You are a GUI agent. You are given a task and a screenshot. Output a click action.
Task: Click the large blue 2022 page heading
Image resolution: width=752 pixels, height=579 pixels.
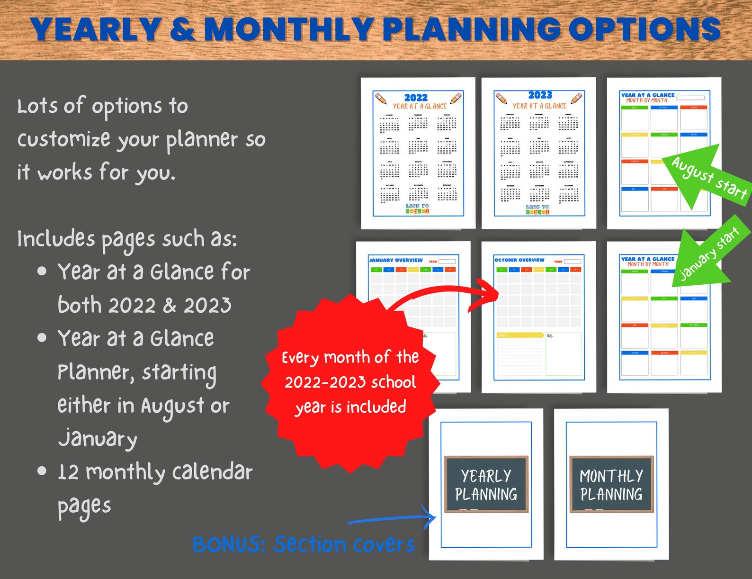click(x=416, y=98)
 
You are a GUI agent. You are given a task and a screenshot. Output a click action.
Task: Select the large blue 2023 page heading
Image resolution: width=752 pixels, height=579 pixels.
click(x=540, y=95)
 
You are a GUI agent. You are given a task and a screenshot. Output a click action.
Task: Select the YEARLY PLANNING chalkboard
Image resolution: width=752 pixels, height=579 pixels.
click(x=486, y=484)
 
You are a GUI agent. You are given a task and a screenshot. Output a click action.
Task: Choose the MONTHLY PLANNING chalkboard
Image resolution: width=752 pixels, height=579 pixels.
click(x=611, y=484)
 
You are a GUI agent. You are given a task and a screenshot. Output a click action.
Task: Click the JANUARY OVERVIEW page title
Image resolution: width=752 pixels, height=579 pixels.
click(x=396, y=260)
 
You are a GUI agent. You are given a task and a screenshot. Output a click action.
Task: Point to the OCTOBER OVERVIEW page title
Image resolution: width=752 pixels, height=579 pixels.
click(x=519, y=260)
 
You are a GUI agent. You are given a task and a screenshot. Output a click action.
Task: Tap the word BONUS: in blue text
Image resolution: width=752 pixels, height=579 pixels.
click(x=229, y=544)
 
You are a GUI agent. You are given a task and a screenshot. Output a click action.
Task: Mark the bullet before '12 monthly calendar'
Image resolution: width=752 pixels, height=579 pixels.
click(x=42, y=471)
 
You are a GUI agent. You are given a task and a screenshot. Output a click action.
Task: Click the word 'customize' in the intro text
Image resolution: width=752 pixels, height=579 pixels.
click(x=63, y=139)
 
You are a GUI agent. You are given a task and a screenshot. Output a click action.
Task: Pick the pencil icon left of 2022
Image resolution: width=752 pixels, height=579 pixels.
click(x=381, y=99)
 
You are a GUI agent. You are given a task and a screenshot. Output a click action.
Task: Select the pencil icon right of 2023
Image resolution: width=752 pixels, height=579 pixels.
click(x=576, y=99)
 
